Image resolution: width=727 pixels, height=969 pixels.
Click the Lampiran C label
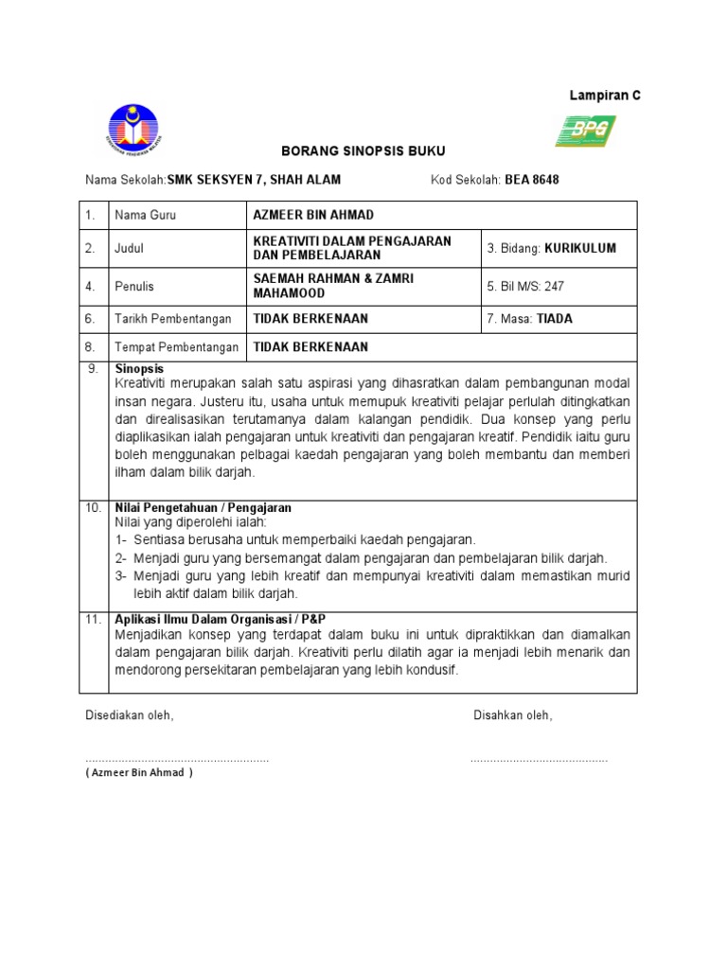(604, 97)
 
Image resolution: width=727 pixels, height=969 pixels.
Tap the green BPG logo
(585, 131)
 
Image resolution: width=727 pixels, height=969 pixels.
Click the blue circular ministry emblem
(133, 130)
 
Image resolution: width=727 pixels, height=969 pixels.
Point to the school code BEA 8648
(531, 180)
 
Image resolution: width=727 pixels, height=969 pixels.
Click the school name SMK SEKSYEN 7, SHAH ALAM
(254, 180)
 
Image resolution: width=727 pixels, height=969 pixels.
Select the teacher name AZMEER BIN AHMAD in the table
(313, 215)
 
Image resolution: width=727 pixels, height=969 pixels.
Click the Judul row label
(131, 249)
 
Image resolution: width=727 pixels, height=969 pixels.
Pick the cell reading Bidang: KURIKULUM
(551, 249)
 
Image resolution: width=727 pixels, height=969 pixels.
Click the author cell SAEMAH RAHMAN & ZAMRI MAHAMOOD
(334, 285)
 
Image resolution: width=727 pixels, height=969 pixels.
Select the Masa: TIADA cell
(529, 319)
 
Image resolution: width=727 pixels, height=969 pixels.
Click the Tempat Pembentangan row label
(176, 347)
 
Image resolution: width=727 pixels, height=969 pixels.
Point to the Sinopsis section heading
(139, 368)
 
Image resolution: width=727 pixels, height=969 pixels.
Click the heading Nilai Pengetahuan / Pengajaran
(203, 507)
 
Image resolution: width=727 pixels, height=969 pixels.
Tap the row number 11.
(93, 619)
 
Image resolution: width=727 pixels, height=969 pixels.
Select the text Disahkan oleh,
(512, 715)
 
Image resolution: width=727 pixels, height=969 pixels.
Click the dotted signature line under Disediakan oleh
(177, 760)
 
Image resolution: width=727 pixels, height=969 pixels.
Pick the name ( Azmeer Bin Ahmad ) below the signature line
(138, 772)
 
